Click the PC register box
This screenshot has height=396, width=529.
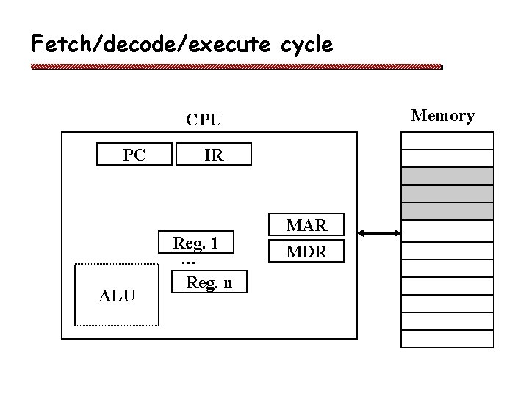134,155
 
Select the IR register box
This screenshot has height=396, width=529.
213,155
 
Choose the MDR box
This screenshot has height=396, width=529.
306,252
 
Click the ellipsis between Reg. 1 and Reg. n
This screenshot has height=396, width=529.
187,262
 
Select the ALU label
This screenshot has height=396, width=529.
117,296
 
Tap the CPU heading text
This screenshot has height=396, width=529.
204,119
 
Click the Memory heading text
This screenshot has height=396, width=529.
442,116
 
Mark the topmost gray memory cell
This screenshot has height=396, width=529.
447,176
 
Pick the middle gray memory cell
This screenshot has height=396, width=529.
447,194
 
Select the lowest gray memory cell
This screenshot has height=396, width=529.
447,211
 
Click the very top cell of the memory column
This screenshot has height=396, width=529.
447,140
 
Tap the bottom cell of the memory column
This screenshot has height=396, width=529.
447,338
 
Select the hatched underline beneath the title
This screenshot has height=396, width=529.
237,67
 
